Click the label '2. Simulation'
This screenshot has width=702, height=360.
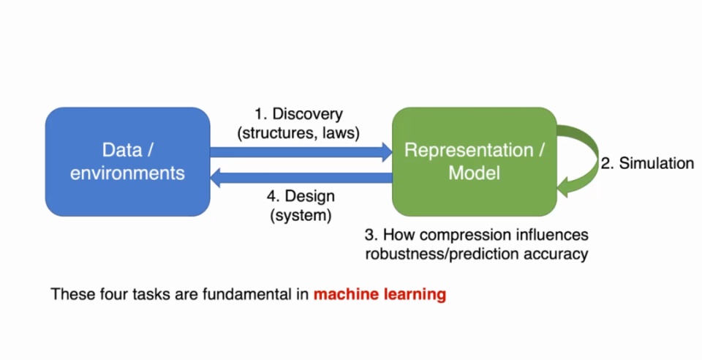[x=647, y=164]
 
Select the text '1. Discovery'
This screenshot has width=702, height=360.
[x=298, y=114]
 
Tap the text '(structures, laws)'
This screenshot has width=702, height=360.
[x=298, y=132]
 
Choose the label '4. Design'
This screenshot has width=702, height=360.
[x=300, y=197]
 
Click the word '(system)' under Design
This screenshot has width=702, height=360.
[x=300, y=216]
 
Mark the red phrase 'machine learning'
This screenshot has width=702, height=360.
[x=380, y=295]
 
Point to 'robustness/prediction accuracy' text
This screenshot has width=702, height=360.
[x=476, y=255]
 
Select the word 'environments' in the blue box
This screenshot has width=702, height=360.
[x=127, y=173]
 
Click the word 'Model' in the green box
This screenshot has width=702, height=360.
[x=473, y=173]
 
